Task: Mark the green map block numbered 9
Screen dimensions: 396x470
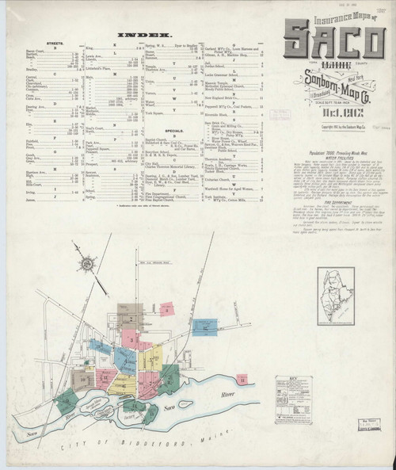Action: click(x=85, y=381)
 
